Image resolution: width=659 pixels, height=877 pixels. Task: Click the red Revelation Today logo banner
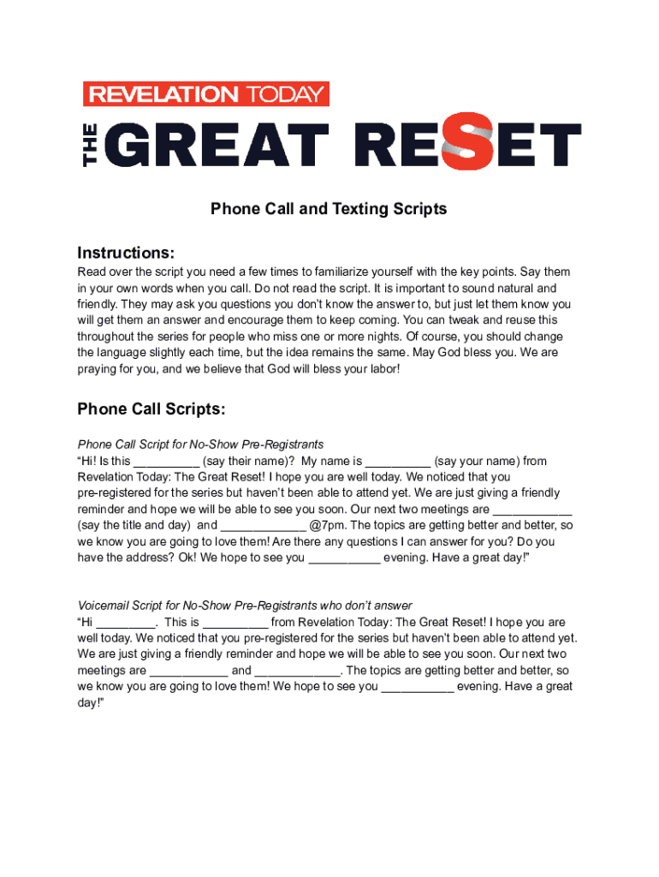pos(205,94)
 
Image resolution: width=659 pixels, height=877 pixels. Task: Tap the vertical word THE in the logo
pos(92,145)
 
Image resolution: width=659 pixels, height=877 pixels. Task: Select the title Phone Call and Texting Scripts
pos(329,209)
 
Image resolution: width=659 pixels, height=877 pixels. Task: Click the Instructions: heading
pos(126,253)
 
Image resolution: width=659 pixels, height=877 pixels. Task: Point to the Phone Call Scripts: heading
pos(151,409)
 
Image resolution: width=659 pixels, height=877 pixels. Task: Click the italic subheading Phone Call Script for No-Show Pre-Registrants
pos(200,444)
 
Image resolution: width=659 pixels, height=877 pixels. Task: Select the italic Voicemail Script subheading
pos(245,606)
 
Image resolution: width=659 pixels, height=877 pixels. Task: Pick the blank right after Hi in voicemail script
pos(126,623)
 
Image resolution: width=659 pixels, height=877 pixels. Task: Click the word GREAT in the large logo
pos(219,145)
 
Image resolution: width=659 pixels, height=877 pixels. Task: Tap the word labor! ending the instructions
pos(380,368)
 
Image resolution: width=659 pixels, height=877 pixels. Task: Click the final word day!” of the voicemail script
pos(90,702)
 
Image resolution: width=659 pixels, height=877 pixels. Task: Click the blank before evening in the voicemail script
pos(417,687)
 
